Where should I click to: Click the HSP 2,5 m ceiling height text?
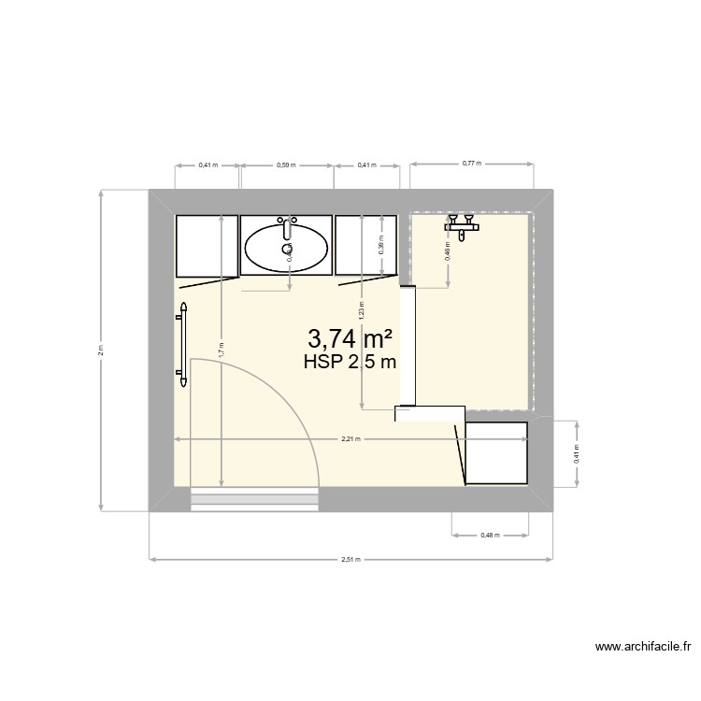point(350,363)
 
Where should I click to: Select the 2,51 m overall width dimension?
point(351,560)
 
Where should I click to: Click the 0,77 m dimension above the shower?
point(471,164)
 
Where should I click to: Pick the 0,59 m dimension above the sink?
point(286,165)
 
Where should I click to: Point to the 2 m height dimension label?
point(102,350)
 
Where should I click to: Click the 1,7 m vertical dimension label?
point(221,350)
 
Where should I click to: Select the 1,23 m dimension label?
point(362,308)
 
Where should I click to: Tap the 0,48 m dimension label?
point(490,536)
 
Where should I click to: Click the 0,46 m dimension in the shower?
point(449,250)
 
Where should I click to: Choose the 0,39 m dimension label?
point(380,245)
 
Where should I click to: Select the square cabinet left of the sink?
point(207,245)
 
